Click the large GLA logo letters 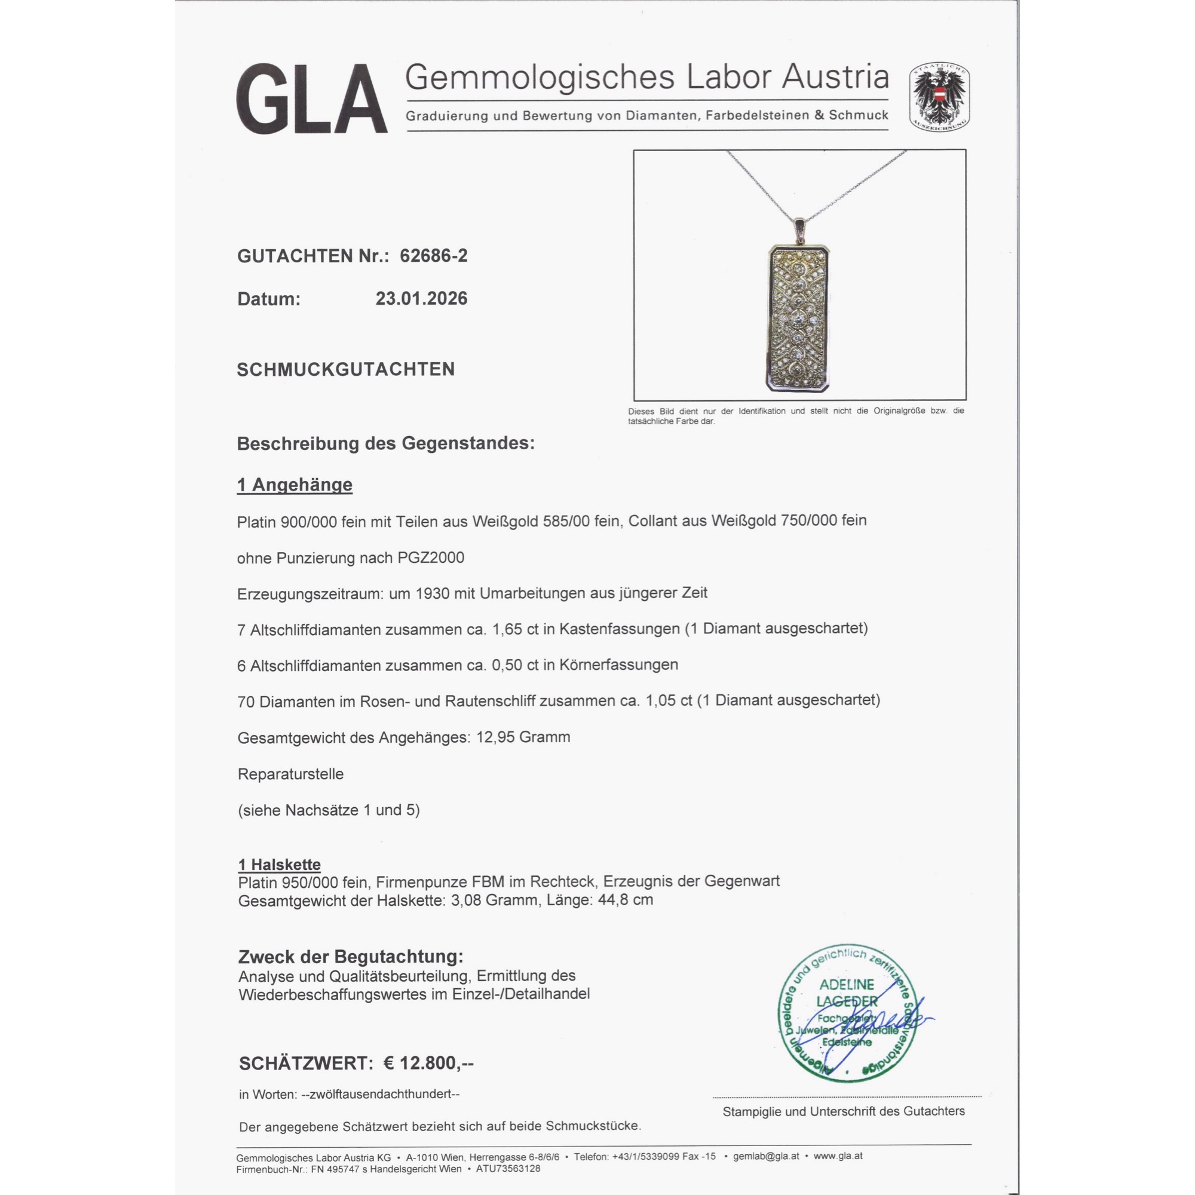pyautogui.click(x=311, y=100)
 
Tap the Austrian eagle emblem pyautogui.click(x=939, y=96)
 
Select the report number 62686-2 pyautogui.click(x=434, y=256)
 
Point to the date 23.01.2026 pyautogui.click(x=421, y=298)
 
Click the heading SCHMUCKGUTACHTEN pyautogui.click(x=346, y=369)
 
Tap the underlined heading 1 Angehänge pyautogui.click(x=295, y=485)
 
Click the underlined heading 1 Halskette pyautogui.click(x=280, y=864)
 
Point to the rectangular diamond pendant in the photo pyautogui.click(x=798, y=318)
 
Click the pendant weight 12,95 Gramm pyautogui.click(x=523, y=737)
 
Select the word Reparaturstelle pyautogui.click(x=291, y=774)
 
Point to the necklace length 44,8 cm pyautogui.click(x=626, y=899)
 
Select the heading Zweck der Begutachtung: pyautogui.click(x=351, y=956)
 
